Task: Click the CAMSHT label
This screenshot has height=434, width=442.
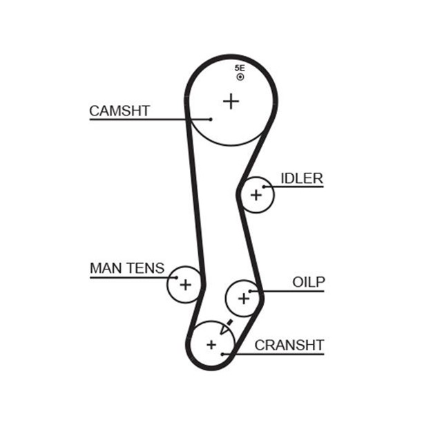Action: pyautogui.click(x=119, y=111)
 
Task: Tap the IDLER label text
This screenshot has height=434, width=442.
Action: pyautogui.click(x=302, y=178)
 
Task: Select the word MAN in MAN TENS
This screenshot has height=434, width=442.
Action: pyautogui.click(x=104, y=267)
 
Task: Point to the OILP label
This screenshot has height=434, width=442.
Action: pyautogui.click(x=308, y=282)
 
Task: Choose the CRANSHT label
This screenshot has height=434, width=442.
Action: pyautogui.click(x=289, y=345)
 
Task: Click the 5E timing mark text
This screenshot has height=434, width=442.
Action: pyautogui.click(x=240, y=68)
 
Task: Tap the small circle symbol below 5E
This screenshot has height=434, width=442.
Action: pyautogui.click(x=240, y=77)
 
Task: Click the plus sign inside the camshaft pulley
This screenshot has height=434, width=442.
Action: pyautogui.click(x=231, y=102)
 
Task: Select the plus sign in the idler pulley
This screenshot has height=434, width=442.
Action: pyautogui.click(x=257, y=195)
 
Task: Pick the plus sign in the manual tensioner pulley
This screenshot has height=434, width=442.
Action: pyautogui.click(x=184, y=283)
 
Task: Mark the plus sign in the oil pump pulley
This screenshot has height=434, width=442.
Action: pyautogui.click(x=243, y=299)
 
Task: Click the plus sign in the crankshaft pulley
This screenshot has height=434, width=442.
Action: pyautogui.click(x=211, y=343)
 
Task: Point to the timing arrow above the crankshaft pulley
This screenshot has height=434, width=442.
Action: pyautogui.click(x=229, y=324)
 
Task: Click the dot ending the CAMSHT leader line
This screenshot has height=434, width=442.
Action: pyautogui.click(x=211, y=119)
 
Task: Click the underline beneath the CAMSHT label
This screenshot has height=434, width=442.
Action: pyautogui.click(x=138, y=120)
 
